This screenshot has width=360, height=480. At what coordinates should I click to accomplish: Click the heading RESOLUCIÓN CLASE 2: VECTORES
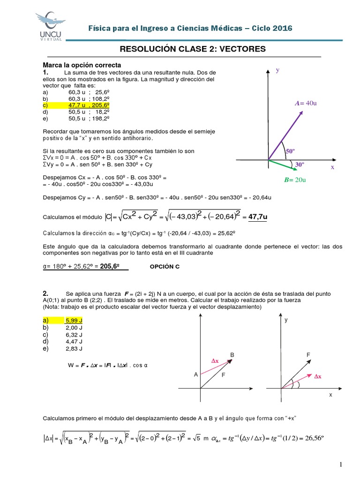[x=193, y=49]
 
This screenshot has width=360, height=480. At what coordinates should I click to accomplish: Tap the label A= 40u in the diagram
[x=306, y=103]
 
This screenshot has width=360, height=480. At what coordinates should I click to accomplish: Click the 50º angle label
[x=290, y=151]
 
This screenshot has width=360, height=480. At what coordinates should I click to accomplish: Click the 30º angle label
[x=300, y=165]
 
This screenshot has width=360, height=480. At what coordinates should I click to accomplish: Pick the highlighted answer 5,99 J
[x=74, y=321]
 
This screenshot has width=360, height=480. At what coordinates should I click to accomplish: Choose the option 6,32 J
[x=74, y=335]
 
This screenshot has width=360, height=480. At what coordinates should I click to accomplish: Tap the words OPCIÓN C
[x=165, y=266]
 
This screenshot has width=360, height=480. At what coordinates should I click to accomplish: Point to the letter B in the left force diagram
[x=232, y=354]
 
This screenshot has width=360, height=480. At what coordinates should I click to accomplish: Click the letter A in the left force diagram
[x=195, y=375]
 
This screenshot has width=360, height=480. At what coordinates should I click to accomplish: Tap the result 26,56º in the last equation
[x=313, y=438]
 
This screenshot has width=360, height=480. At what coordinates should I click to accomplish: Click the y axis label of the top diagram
[x=277, y=70]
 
